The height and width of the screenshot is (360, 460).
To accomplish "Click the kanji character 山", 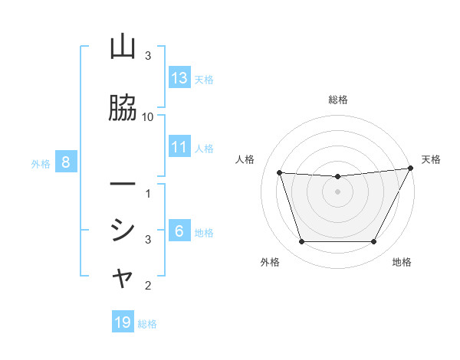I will pyautogui.click(x=123, y=47).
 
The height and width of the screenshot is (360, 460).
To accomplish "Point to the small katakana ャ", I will pyautogui.click(x=123, y=280).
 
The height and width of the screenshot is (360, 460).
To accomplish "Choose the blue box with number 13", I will pyautogui.click(x=179, y=78).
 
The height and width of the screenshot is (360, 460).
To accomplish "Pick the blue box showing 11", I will pyautogui.click(x=179, y=147).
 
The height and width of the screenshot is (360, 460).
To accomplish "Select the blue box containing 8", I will pyautogui.click(x=66, y=162).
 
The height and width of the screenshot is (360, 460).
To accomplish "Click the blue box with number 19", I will pyautogui.click(x=123, y=322).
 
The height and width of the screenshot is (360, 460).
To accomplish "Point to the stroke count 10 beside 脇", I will pyautogui.click(x=148, y=116).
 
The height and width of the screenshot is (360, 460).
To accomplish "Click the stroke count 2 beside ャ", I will pyautogui.click(x=148, y=286).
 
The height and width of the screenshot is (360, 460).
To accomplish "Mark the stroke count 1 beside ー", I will pyautogui.click(x=148, y=193).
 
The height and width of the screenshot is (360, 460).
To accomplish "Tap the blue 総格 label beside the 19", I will pyautogui.click(x=147, y=324).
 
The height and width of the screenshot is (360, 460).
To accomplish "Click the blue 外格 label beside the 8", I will pyautogui.click(x=41, y=163).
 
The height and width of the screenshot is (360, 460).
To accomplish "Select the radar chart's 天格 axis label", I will pyautogui.click(x=431, y=159).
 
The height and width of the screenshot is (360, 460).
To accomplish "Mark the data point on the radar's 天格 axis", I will pyautogui.click(x=410, y=169).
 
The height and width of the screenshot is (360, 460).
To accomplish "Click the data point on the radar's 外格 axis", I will pyautogui.click(x=301, y=242).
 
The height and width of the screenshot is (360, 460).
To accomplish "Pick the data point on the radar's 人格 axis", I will pyautogui.click(x=280, y=173).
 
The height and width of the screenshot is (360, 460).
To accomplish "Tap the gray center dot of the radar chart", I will pyautogui.click(x=337, y=192).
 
